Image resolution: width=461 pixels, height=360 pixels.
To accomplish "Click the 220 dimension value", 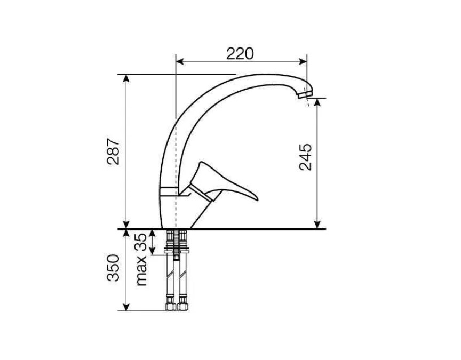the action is (240, 53).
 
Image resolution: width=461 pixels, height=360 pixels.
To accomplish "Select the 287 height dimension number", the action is (114, 151).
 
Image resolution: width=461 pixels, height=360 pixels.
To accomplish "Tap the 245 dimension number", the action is (305, 157).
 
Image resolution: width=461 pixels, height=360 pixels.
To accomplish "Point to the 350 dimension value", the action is (114, 268).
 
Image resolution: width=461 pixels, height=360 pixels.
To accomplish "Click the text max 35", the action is (141, 259).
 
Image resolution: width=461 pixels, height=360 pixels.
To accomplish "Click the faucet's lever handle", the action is (224, 183).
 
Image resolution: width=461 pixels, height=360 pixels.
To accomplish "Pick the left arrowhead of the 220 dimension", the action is (179, 61).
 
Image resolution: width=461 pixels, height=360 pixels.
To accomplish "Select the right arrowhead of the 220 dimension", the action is (303, 61).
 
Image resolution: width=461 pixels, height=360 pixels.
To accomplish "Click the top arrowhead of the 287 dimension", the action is (126, 78).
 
